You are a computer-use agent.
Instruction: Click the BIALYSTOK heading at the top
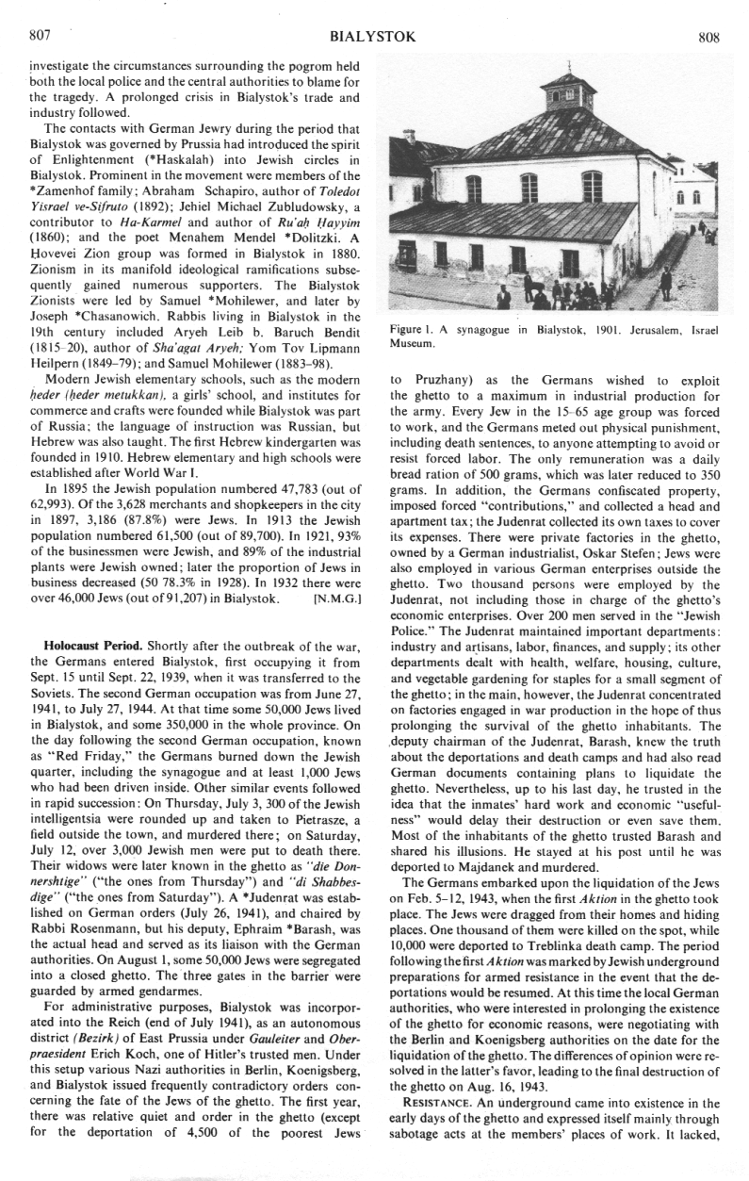(373, 37)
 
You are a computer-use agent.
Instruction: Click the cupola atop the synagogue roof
(568, 92)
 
